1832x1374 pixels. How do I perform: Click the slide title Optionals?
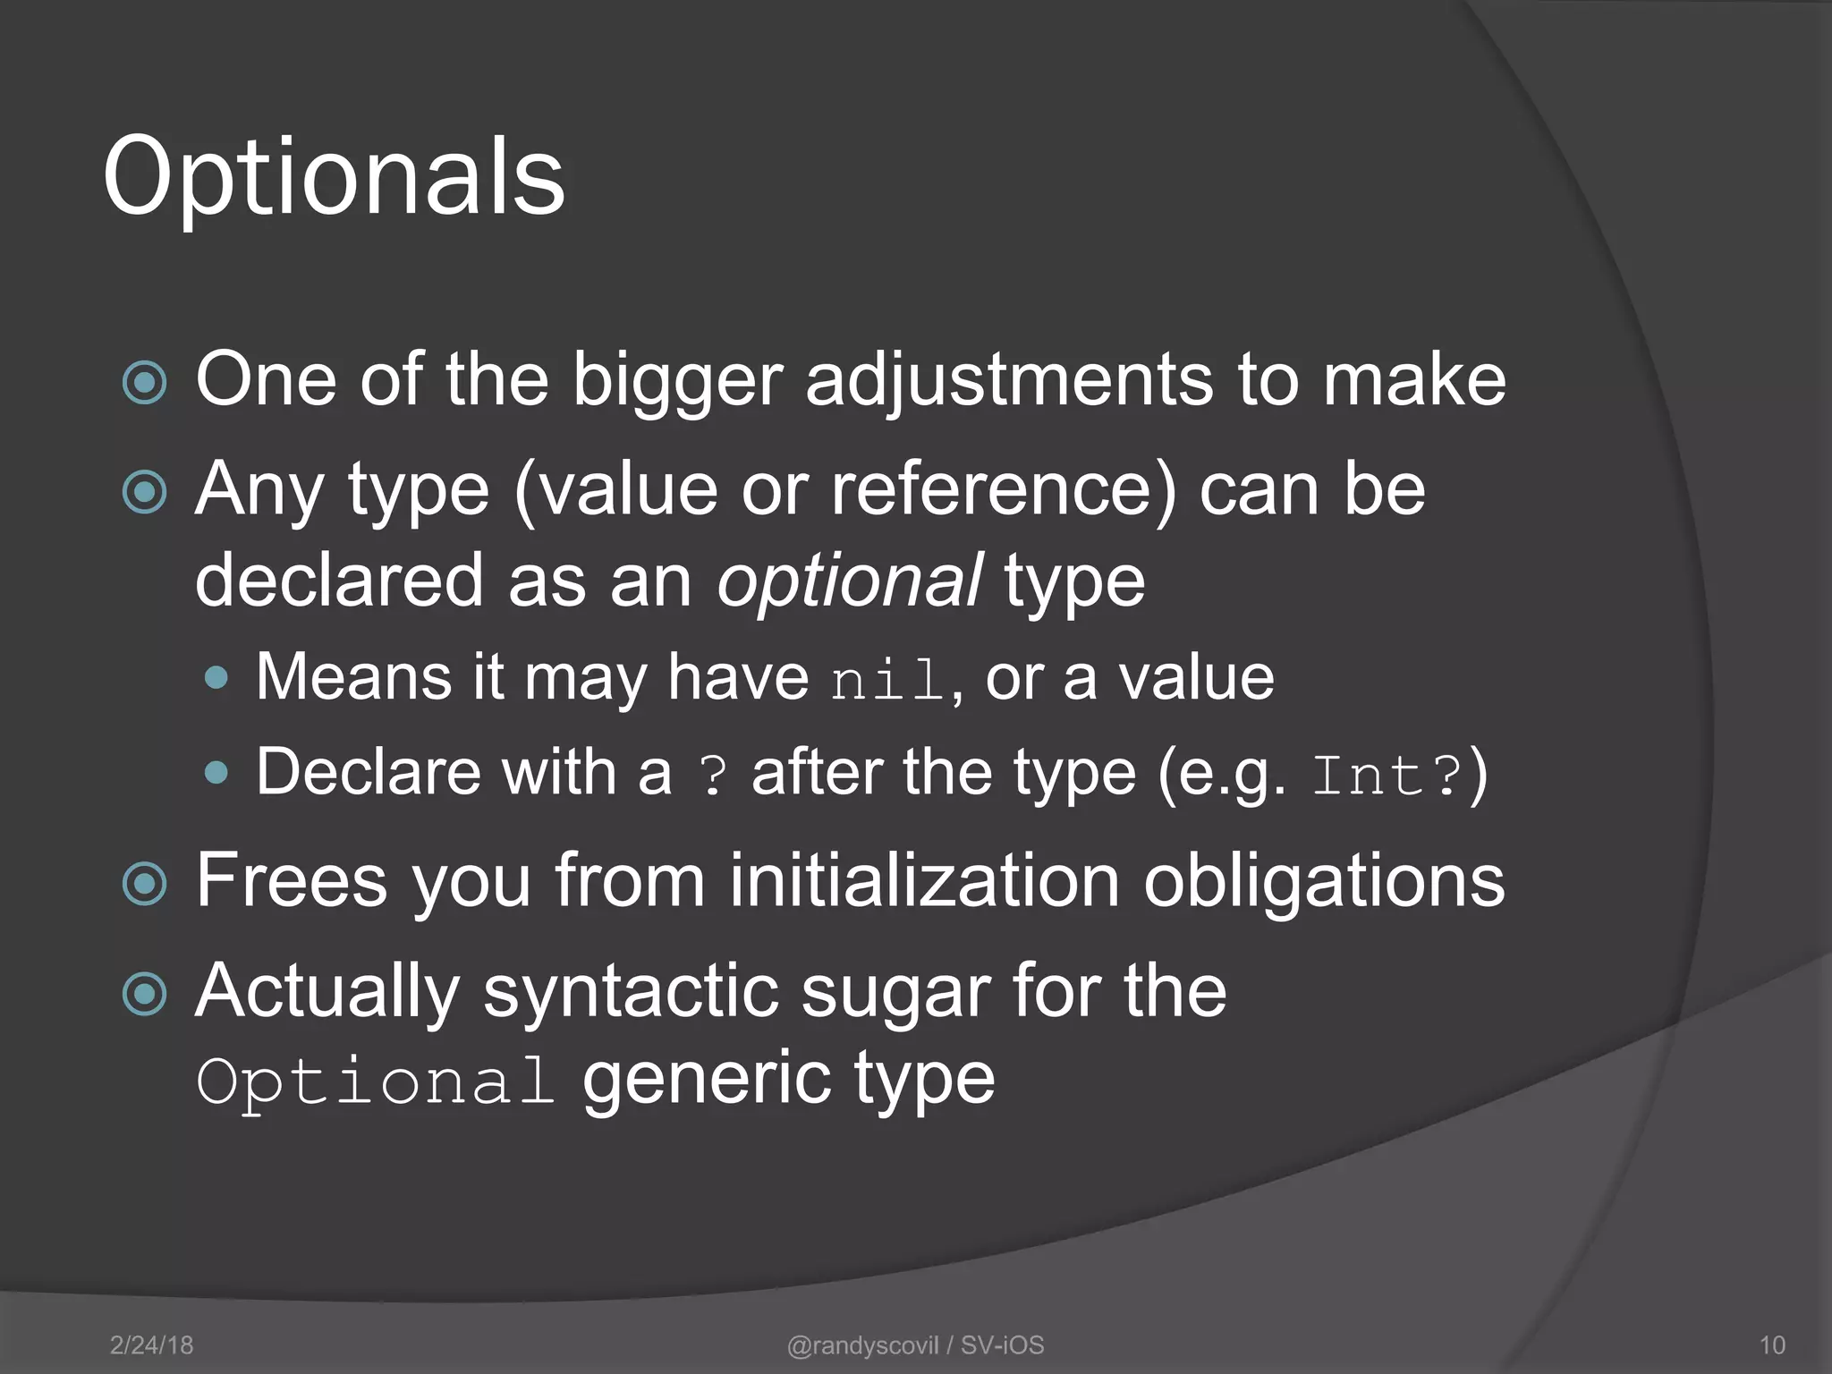click(x=334, y=176)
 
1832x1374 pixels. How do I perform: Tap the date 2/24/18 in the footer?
click(x=151, y=1345)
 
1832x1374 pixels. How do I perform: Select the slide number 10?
click(x=1772, y=1345)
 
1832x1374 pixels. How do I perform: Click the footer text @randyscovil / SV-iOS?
click(x=915, y=1345)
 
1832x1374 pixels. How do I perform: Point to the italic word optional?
click(x=850, y=581)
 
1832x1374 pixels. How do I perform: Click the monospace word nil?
click(x=887, y=682)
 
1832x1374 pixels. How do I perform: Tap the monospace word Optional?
click(x=376, y=1081)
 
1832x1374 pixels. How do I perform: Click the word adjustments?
click(x=1010, y=380)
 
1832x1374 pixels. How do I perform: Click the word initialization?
click(x=925, y=881)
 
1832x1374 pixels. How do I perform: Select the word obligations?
click(x=1324, y=881)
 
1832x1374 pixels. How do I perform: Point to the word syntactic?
click(x=631, y=992)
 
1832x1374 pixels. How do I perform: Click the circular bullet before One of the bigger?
click(x=145, y=383)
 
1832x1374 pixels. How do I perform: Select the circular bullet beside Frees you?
click(x=145, y=884)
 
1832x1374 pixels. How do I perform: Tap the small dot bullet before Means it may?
click(x=216, y=677)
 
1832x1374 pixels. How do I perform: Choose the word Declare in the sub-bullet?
click(x=368, y=772)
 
